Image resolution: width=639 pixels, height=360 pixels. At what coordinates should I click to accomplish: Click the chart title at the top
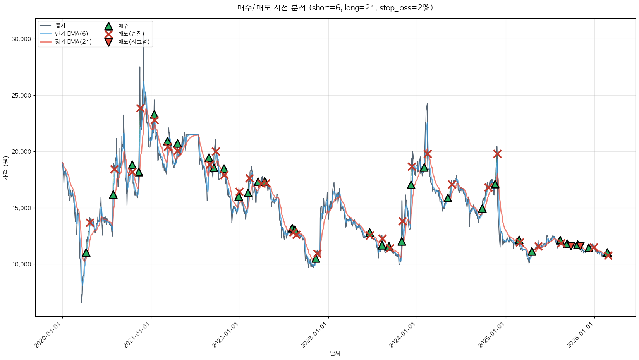pos(335,8)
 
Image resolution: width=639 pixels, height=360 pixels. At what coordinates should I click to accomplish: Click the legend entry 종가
pos(60,26)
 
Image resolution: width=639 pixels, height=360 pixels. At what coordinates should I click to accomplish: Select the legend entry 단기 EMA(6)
pos(71,34)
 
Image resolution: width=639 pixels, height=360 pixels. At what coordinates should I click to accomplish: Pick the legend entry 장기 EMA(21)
pos(73,42)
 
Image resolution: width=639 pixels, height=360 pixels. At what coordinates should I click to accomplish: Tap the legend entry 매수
pos(123,26)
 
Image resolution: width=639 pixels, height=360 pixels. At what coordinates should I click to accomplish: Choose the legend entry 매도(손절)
pos(131,34)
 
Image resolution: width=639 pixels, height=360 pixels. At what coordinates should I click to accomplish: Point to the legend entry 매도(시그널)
pos(134,42)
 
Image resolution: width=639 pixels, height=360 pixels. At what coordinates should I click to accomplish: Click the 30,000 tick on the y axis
pos(21,39)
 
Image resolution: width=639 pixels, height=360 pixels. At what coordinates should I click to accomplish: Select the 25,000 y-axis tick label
pos(21,96)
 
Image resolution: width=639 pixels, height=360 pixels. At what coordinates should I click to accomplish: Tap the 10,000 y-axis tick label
pos(21,264)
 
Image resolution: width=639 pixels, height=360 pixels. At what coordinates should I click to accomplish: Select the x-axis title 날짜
pos(335,353)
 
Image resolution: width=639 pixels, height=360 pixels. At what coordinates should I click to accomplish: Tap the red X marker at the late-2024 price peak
pos(497,154)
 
